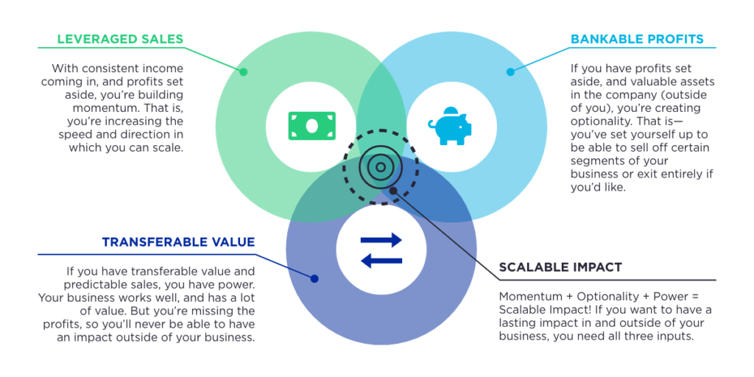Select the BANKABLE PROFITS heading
[637, 39]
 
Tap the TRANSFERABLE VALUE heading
[178, 242]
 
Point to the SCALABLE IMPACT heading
[561, 267]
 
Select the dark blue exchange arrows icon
[381, 250]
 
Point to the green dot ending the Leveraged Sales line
[244, 72]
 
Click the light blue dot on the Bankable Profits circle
[510, 72]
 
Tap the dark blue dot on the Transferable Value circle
[314, 278]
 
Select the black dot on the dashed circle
[394, 191]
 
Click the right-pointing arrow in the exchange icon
[381, 239]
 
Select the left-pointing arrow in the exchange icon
[381, 260]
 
